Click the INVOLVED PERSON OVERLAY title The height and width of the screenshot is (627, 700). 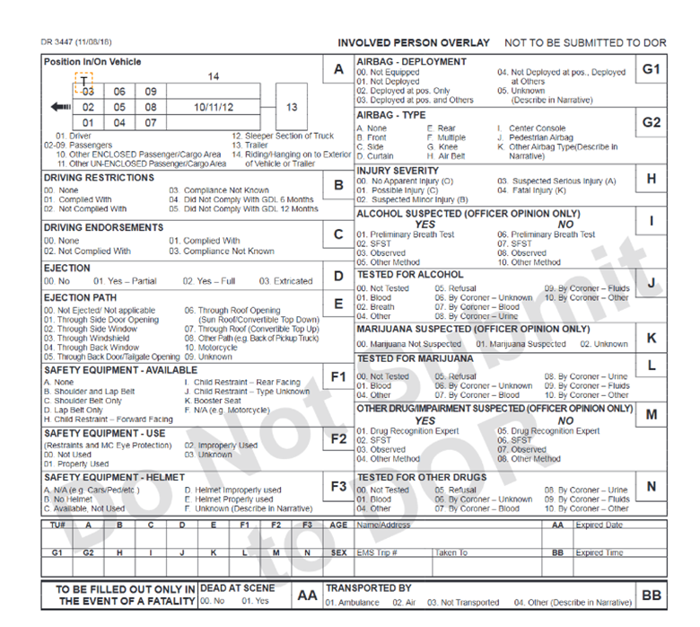click(414, 43)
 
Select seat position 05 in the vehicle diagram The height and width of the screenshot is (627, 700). click(119, 107)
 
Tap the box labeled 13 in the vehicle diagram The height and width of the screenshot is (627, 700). click(292, 107)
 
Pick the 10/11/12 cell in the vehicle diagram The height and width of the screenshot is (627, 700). click(214, 107)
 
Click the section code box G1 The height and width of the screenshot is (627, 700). click(651, 69)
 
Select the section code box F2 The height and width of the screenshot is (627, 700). click(338, 439)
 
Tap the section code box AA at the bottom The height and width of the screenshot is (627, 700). click(307, 595)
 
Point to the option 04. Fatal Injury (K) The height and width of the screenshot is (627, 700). click(538, 190)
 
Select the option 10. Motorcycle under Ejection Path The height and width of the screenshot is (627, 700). click(211, 348)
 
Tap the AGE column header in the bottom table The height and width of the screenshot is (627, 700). click(338, 525)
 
